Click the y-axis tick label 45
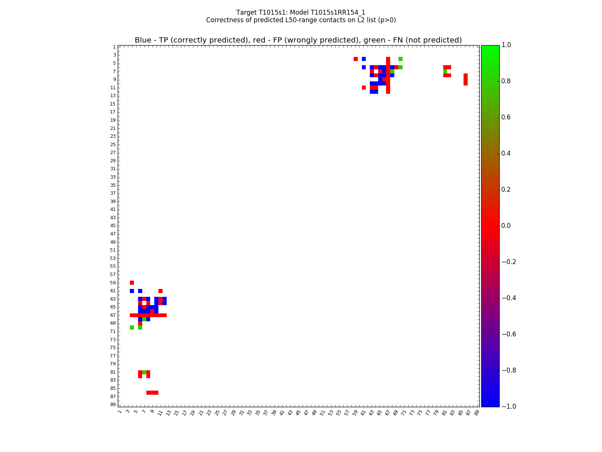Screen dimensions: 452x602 pos(113,226)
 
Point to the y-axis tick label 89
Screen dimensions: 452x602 pos(113,405)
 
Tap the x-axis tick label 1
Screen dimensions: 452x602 pos(120,412)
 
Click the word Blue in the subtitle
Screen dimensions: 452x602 pos(143,40)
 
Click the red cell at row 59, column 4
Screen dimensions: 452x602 pos(132,282)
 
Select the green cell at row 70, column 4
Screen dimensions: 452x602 pos(132,327)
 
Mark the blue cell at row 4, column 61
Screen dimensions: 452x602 pos(364,59)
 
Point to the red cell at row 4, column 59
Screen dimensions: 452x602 pos(356,59)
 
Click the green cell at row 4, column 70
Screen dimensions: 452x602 pos(400,59)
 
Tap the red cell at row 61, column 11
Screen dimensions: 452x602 pos(160,291)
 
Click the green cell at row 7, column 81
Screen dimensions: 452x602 pos(445,71)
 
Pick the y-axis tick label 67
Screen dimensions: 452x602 pos(113,315)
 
